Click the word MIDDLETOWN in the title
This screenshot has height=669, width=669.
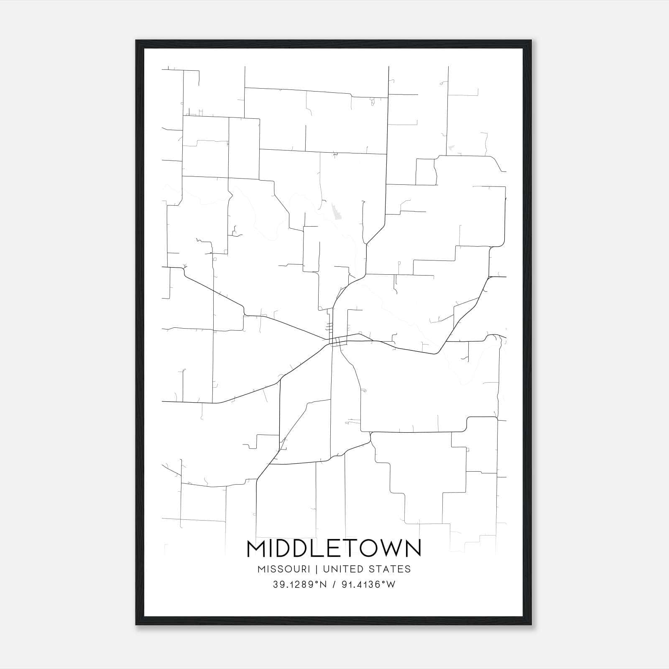point(334,549)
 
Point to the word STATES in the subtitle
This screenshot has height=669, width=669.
point(392,569)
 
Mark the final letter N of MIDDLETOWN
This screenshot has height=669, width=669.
point(413,549)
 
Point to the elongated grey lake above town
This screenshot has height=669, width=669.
point(336,212)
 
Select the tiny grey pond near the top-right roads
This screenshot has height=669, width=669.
point(451,148)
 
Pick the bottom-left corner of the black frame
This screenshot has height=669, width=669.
point(136,625)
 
